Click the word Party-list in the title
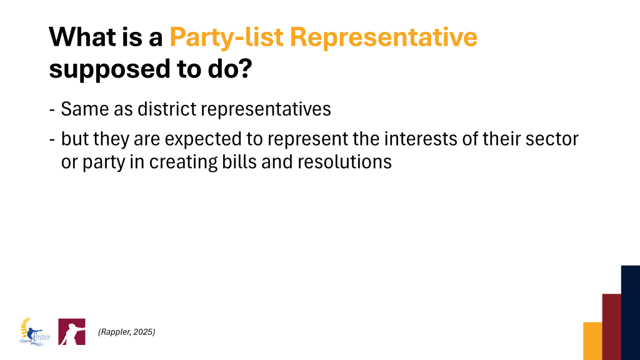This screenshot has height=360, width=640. point(226,37)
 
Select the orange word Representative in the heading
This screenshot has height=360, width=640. point(384,37)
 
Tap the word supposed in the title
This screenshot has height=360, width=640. point(109,69)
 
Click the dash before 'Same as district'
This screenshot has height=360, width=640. point(52,110)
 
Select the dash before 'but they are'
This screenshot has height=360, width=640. point(52,139)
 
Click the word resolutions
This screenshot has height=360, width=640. point(344,162)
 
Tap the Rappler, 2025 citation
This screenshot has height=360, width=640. point(126,332)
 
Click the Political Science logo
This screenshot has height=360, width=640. point(35,332)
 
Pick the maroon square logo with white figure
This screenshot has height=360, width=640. point(72,332)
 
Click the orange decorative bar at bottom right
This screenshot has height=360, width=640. point(592,341)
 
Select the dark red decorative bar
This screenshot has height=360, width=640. point(611,326)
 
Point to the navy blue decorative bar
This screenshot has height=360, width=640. point(631,312)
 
